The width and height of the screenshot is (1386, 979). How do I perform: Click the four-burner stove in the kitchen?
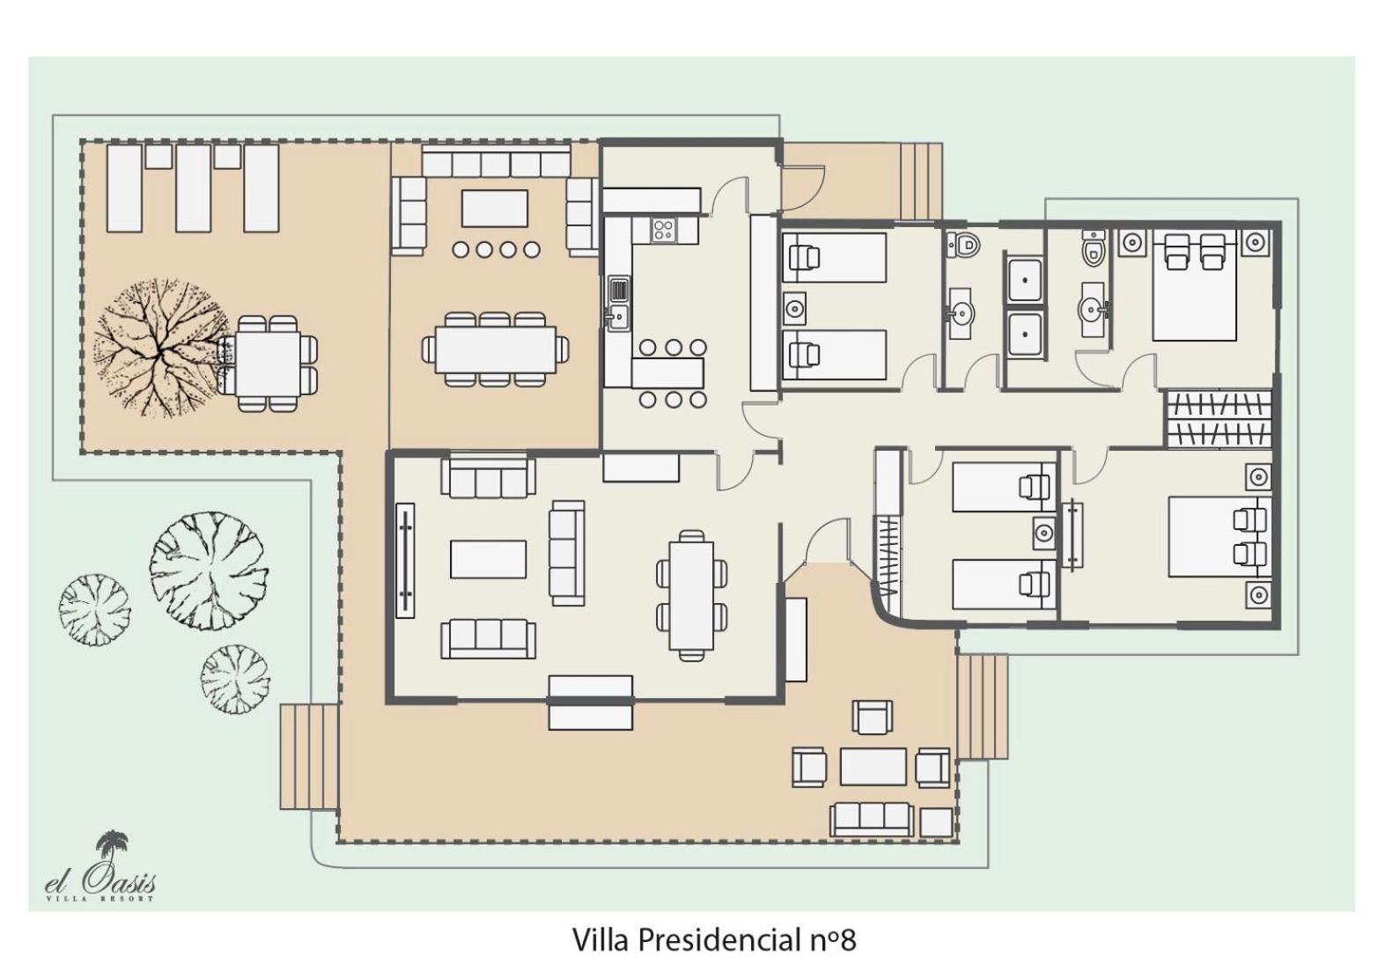click(x=664, y=230)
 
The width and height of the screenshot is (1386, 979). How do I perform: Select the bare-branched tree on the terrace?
click(x=159, y=348)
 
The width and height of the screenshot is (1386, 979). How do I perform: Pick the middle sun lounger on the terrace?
click(x=193, y=188)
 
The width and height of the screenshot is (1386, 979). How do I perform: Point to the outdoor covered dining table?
click(x=496, y=350)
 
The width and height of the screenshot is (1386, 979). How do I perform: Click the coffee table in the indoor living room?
click(x=488, y=559)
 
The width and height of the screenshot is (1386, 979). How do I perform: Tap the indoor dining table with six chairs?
click(x=692, y=593)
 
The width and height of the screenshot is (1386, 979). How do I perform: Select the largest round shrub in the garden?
click(x=210, y=569)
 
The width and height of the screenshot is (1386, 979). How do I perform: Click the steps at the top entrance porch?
click(x=921, y=180)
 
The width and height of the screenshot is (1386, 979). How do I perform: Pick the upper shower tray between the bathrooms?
click(x=1025, y=280)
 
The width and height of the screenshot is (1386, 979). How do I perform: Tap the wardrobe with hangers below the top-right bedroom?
click(x=1219, y=419)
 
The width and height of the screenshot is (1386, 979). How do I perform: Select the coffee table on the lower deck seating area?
click(x=873, y=766)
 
